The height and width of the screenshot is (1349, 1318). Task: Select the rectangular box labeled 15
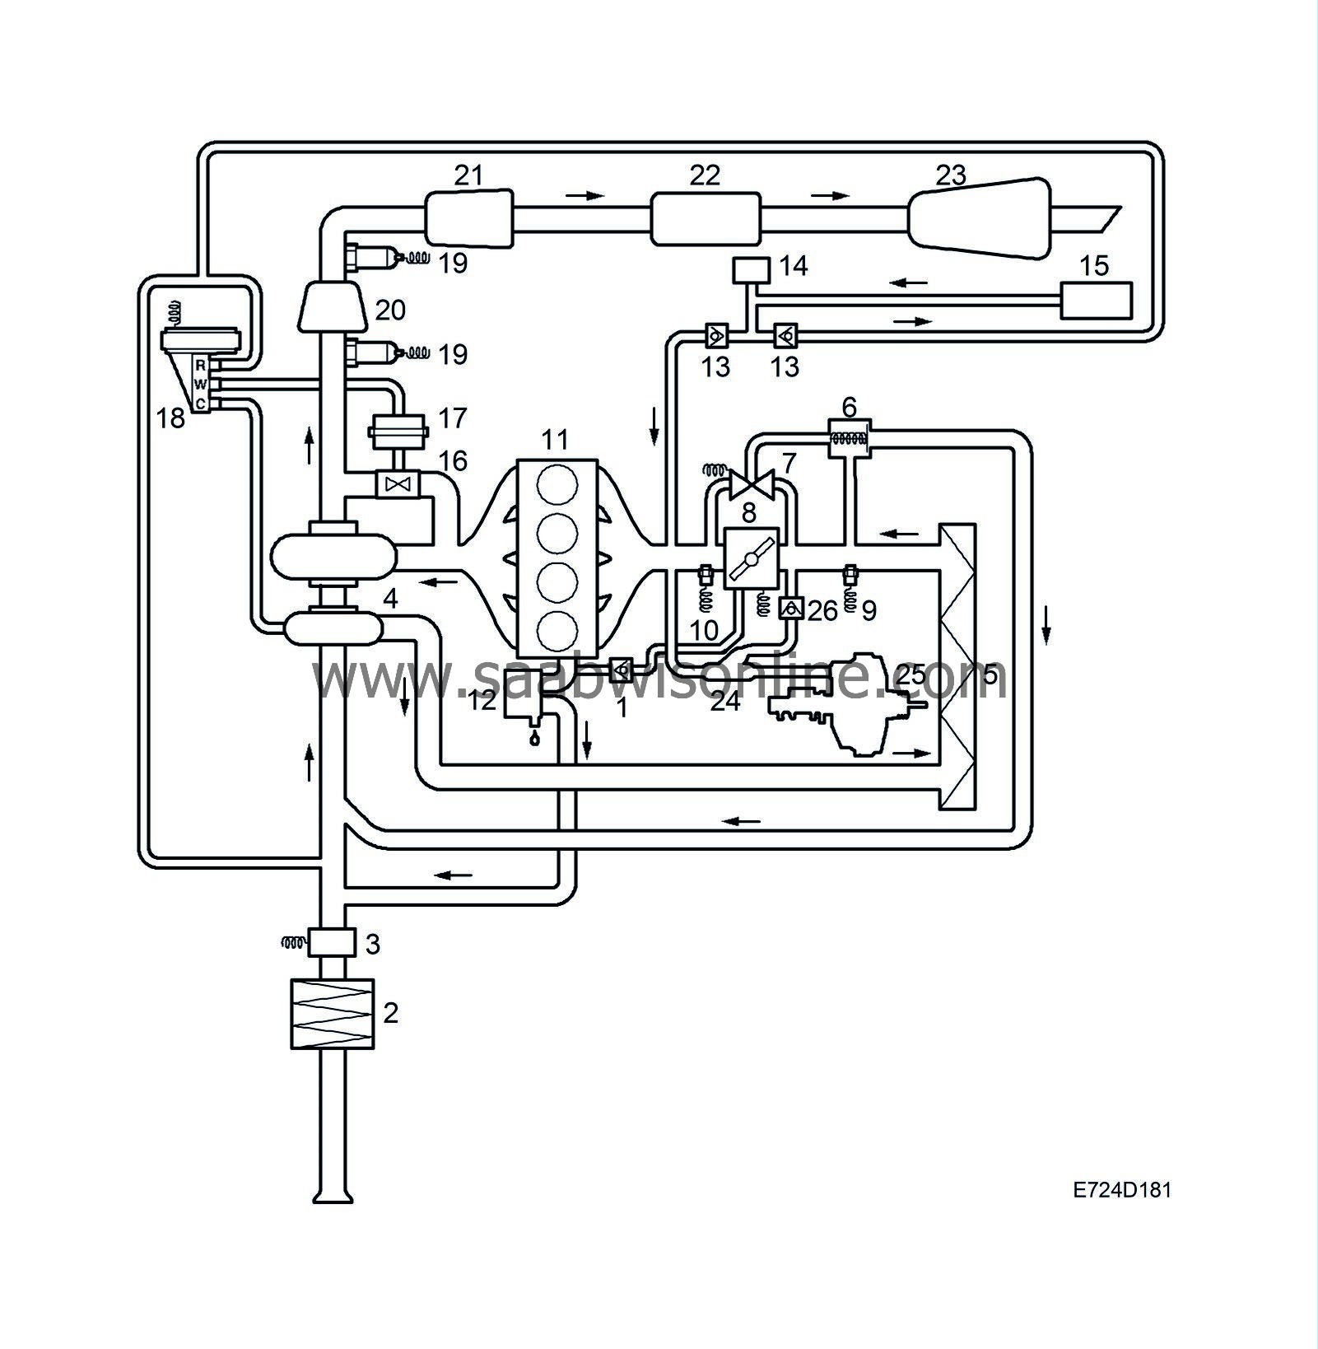(x=1096, y=300)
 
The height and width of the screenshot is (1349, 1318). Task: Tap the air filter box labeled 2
(x=333, y=1013)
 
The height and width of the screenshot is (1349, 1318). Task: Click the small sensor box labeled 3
(x=332, y=941)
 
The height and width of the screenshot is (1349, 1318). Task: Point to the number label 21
(x=468, y=175)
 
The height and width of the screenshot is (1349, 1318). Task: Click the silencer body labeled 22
(x=706, y=219)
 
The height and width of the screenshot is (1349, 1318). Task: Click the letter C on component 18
(x=200, y=403)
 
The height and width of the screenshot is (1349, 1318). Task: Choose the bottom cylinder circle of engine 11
(x=557, y=632)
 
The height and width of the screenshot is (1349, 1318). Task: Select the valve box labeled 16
(x=398, y=483)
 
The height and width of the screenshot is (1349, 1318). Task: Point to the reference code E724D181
(x=1121, y=1190)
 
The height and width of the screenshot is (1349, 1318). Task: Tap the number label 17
(x=452, y=418)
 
